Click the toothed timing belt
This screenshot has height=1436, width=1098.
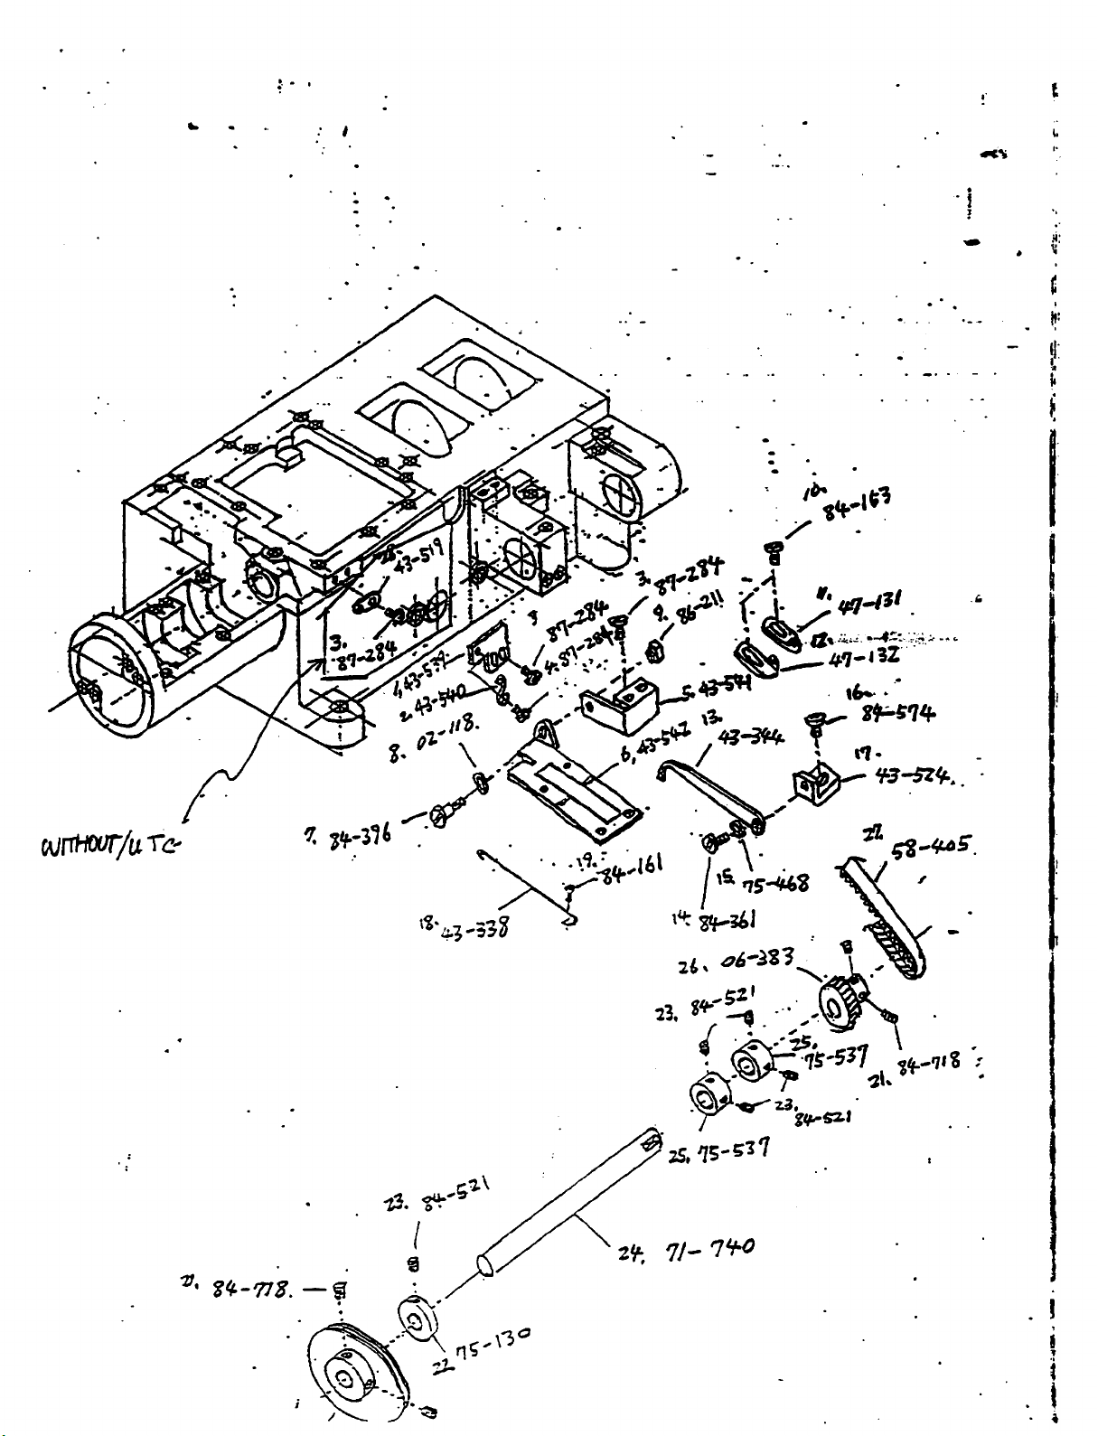(890, 922)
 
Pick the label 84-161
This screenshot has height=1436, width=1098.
(632, 872)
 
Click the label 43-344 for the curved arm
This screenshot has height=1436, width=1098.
(751, 738)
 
